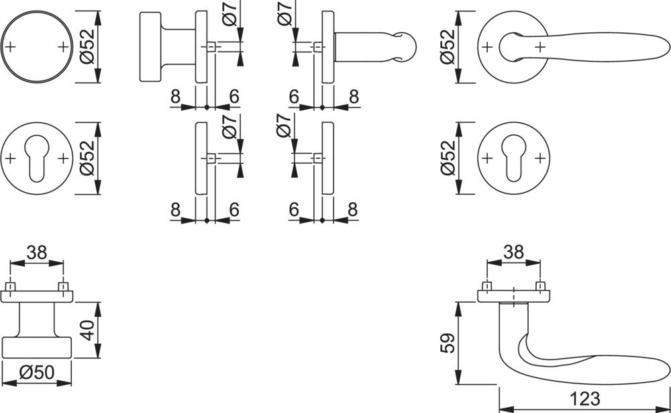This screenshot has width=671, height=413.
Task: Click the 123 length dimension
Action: pos(584,398)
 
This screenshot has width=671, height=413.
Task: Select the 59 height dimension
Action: pos(448,342)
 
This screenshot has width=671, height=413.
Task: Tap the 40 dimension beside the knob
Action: pos(88,330)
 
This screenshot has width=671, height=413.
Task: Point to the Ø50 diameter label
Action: pos(37,373)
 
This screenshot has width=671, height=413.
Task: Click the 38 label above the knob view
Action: pos(36,253)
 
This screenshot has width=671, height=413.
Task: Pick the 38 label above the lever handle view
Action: pos(513,253)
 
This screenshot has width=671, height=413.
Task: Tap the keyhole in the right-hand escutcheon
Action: pos(513,159)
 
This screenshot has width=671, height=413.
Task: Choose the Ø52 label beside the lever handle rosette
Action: pos(448,47)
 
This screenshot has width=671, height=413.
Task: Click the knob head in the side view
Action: pos(150,47)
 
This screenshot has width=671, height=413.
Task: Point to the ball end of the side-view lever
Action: pos(405,46)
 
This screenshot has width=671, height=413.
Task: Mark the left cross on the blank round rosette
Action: pos(11,46)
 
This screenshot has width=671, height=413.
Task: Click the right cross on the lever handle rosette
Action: pos(540,46)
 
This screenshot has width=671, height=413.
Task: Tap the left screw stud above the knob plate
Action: pos(10,286)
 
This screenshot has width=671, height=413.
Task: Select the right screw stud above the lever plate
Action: pos(540,286)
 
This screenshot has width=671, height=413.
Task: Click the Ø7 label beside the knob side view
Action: pos(229,13)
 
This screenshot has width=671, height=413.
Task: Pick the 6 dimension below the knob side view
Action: pos(234,97)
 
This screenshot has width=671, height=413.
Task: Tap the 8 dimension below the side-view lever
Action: pos(354,97)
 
